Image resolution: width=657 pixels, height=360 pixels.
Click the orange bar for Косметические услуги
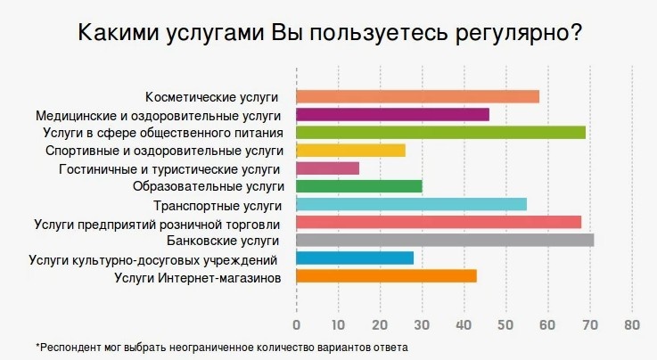coord(417,96)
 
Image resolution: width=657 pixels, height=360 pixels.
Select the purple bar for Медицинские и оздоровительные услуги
coord(392,114)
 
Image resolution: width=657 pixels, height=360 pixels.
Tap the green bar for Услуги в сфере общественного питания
coord(440,132)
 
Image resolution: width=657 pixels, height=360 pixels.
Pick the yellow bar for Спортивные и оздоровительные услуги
coord(350,150)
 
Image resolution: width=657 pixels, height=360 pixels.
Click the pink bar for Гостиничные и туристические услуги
coord(327,168)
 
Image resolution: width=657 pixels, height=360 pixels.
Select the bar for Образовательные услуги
coord(358,186)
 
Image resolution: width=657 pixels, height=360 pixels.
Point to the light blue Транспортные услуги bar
coord(411,204)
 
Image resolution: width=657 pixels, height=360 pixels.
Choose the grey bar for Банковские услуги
coord(444,240)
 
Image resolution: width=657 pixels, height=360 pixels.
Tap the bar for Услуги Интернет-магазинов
coord(386,276)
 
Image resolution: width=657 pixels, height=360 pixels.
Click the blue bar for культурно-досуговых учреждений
coord(355,258)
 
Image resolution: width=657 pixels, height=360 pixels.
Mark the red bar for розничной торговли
coord(438,222)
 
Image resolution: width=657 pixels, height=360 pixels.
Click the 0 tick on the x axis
coord(296,323)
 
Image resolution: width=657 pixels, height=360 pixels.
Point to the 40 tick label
coord(464,323)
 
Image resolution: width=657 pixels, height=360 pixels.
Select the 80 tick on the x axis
coord(632,323)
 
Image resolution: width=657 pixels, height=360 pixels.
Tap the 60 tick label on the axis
coord(548,323)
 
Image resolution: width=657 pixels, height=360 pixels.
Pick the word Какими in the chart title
coord(114,34)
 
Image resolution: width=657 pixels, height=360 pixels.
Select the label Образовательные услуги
coord(208,186)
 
